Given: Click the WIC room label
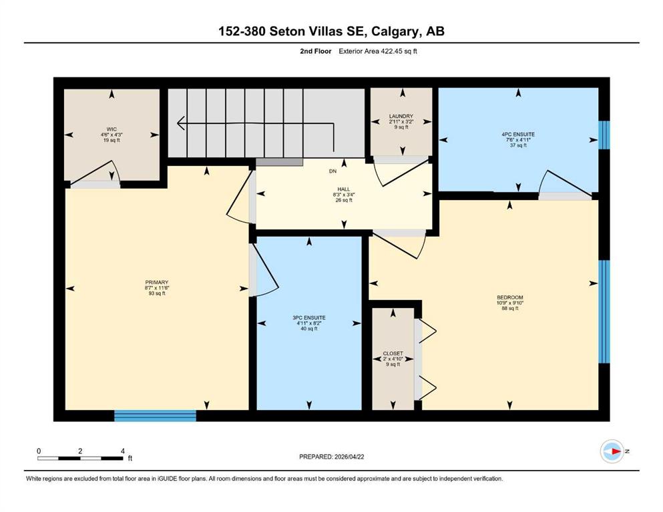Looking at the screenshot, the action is coord(112,129).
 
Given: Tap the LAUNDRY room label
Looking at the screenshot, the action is coord(401,116).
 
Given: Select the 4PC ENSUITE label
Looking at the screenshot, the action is coord(518,134).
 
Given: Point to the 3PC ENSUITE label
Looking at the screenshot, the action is coord(309,318).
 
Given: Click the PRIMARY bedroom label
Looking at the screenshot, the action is coord(157,283).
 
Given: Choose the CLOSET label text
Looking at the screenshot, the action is coord(393,353).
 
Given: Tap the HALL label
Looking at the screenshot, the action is coord(344,189).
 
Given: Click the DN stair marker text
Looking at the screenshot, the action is coord(333,171).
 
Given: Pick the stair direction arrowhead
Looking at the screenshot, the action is coord(182,123).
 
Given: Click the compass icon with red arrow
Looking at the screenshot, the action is coord(612,451).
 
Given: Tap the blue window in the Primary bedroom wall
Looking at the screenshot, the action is coord(155,415).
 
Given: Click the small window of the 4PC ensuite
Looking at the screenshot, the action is coord(604,135).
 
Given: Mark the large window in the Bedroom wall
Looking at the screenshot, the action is coord(604,311).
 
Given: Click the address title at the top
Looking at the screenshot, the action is coord(331,31).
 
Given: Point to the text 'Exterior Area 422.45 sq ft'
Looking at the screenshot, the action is coord(378,51).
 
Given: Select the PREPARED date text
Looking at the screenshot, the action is coord(331,457).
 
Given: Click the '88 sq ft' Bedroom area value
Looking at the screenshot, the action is coord(510,308).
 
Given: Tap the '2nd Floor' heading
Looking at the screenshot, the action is coord(315,51).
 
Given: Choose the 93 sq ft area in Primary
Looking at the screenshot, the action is coord(157,293).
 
